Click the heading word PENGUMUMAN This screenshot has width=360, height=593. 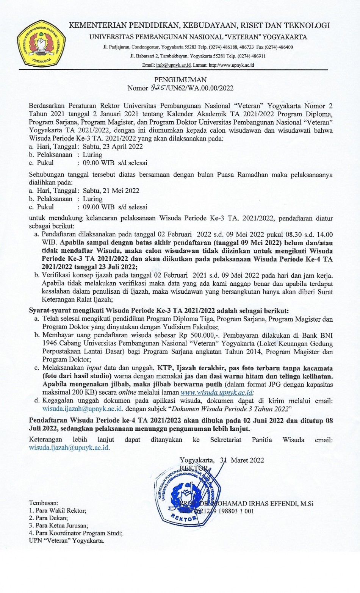(180, 80)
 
